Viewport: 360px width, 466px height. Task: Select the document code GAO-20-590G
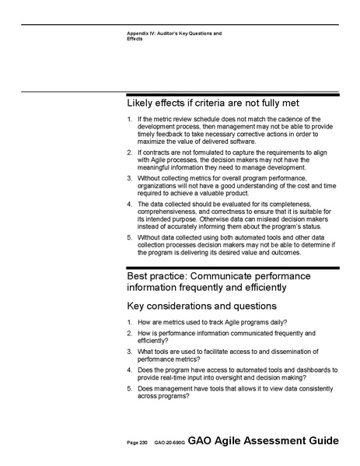pyautogui.click(x=166, y=443)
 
